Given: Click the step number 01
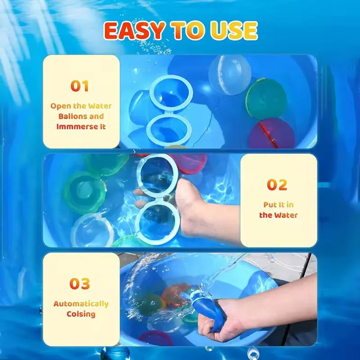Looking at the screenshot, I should pyautogui.click(x=79, y=86).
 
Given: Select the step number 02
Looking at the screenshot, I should pyautogui.click(x=277, y=185).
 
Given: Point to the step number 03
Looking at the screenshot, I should pyautogui.click(x=80, y=284).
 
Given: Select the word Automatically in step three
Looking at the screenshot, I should pyautogui.click(x=81, y=304).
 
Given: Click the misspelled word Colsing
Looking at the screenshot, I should pyautogui.click(x=81, y=314).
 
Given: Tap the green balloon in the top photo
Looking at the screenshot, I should pyautogui.click(x=266, y=99).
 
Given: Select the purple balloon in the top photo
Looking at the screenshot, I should pyautogui.click(x=272, y=134).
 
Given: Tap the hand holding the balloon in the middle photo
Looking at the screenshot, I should pyautogui.click(x=198, y=207).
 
